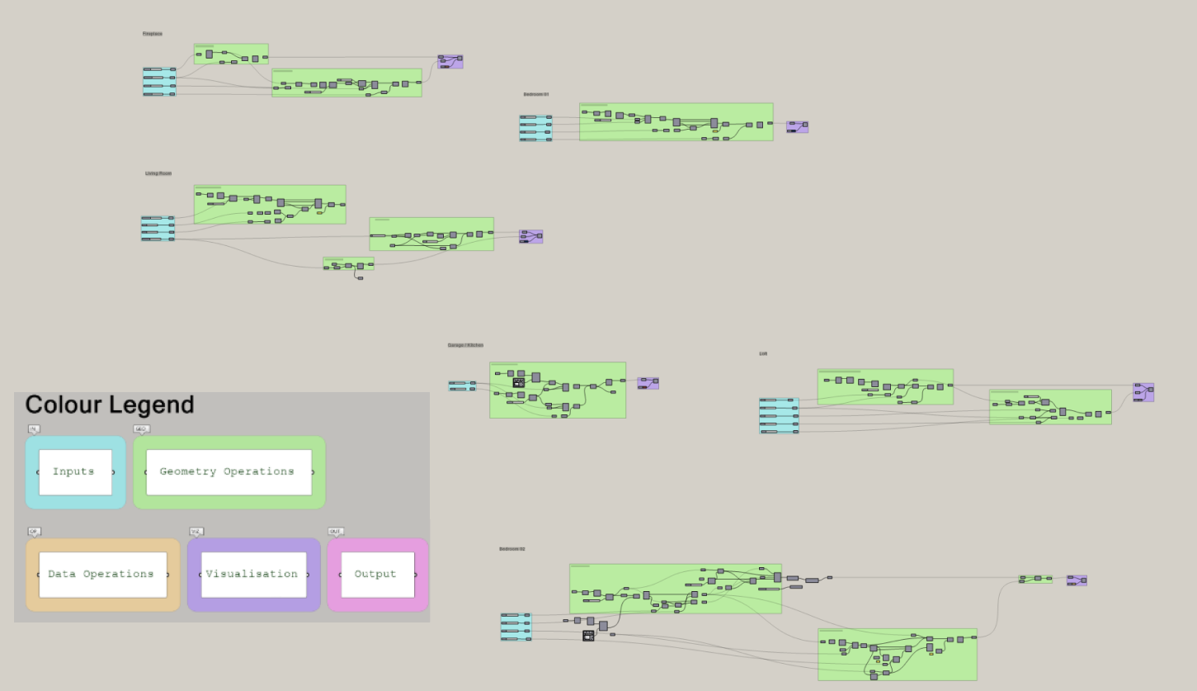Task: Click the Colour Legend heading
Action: (x=110, y=405)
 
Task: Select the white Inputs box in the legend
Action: (x=75, y=472)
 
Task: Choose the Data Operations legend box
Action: (x=102, y=575)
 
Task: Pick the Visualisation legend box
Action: (x=252, y=575)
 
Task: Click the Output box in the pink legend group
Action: (x=377, y=575)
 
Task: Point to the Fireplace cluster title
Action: (x=153, y=34)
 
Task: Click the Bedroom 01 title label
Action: (x=535, y=94)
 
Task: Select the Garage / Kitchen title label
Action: (x=465, y=345)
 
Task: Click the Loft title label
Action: (x=763, y=353)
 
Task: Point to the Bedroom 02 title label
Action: (x=511, y=549)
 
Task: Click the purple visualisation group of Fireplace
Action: (x=450, y=62)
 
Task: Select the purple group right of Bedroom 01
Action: (x=797, y=127)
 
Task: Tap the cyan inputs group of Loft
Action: (x=779, y=415)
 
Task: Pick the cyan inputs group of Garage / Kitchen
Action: (x=462, y=386)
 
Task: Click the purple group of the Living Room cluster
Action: (x=530, y=237)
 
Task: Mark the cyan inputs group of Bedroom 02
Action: (x=516, y=627)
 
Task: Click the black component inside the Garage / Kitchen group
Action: (x=518, y=382)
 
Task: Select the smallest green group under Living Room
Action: (x=348, y=264)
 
